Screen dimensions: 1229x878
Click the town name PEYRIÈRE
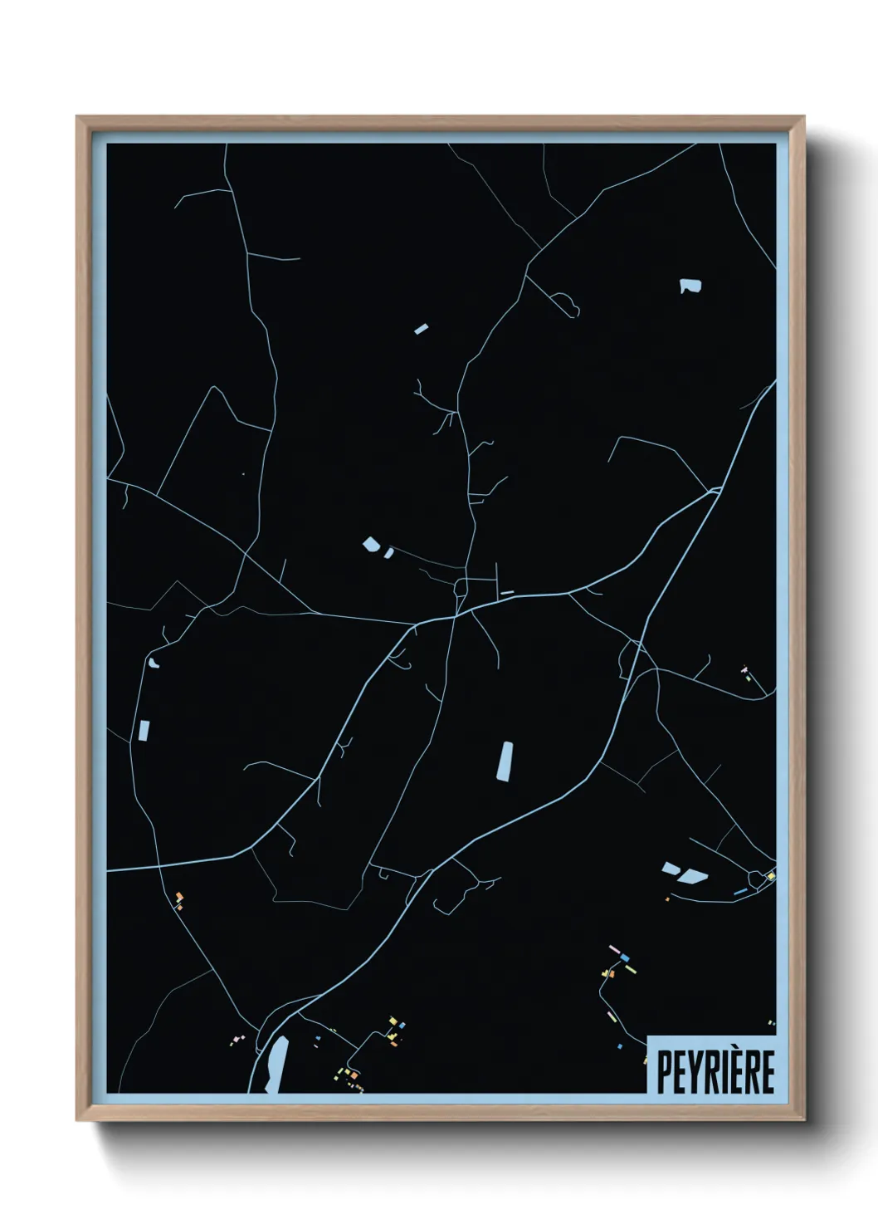pos(715,1071)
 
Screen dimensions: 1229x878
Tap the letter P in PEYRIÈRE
pos(664,1072)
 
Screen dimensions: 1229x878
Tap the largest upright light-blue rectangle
pos(505,761)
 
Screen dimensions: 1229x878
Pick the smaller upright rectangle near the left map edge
pos(144,731)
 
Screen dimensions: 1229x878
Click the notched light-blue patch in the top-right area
pos(690,286)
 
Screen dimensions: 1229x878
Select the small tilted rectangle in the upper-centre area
pos(422,329)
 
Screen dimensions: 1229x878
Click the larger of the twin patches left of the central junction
pos(371,545)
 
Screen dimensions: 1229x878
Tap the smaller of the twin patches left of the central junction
pos(388,552)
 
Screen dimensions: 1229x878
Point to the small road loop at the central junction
pos(460,589)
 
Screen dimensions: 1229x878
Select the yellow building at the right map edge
pos(770,876)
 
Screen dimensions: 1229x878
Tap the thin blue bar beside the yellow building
pos(740,892)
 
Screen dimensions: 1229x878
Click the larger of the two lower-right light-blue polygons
pos(693,875)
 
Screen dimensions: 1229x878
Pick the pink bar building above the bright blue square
pos(615,949)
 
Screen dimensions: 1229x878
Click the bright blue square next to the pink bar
pos(625,958)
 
